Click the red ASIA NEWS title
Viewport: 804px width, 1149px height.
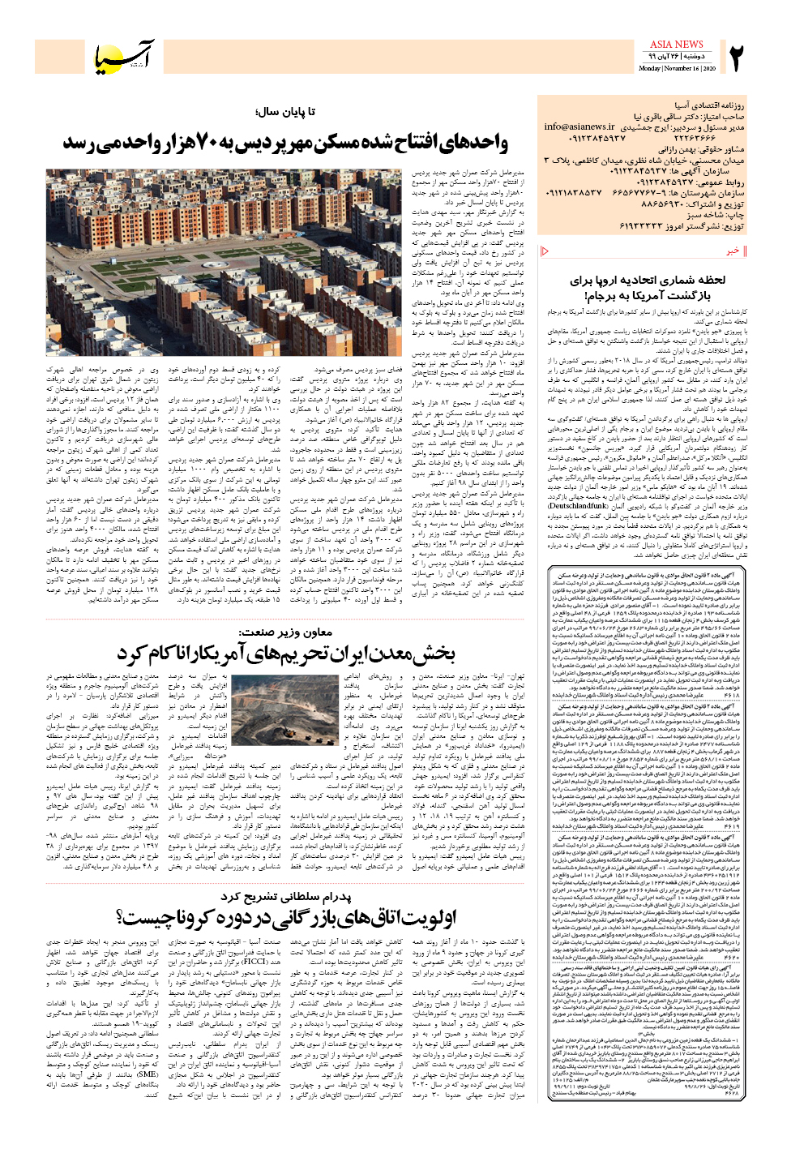pyautogui.click(x=676, y=45)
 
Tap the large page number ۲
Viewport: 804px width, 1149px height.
pyautogui.click(x=735, y=58)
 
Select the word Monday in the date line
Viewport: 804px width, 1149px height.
pyautogui.click(x=650, y=69)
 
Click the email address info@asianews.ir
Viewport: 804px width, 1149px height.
pyautogui.click(x=579, y=126)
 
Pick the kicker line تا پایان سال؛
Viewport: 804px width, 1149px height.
pyautogui.click(x=284, y=112)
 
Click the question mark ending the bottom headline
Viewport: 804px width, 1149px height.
pyautogui.click(x=122, y=918)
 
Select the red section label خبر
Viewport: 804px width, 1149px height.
pyautogui.click(x=733, y=251)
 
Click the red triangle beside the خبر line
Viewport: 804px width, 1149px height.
pyautogui.click(x=545, y=251)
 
